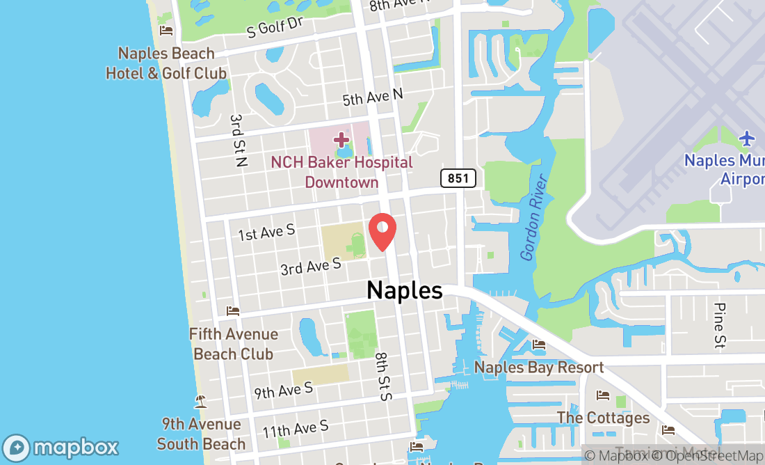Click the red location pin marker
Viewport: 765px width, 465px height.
[x=382, y=232]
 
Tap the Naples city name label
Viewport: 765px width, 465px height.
[x=404, y=290]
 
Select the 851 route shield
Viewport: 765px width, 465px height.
[x=458, y=178]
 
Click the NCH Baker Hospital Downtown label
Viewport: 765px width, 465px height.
[x=341, y=172]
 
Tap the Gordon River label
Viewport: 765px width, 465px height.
[x=534, y=218]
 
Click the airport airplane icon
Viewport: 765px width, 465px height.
[x=748, y=139]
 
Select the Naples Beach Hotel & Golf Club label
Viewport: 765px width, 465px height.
[x=166, y=63]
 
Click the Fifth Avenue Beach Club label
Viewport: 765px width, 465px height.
[x=234, y=344]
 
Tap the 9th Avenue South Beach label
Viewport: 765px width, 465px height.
[x=201, y=434]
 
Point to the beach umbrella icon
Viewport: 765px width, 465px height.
[x=201, y=402]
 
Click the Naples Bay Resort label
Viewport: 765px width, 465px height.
[x=539, y=368]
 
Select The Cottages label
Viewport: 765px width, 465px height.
[x=603, y=418]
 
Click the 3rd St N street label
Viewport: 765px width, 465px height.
[x=239, y=141]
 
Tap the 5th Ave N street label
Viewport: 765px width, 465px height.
[x=372, y=97]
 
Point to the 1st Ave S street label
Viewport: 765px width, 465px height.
[x=266, y=232]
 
